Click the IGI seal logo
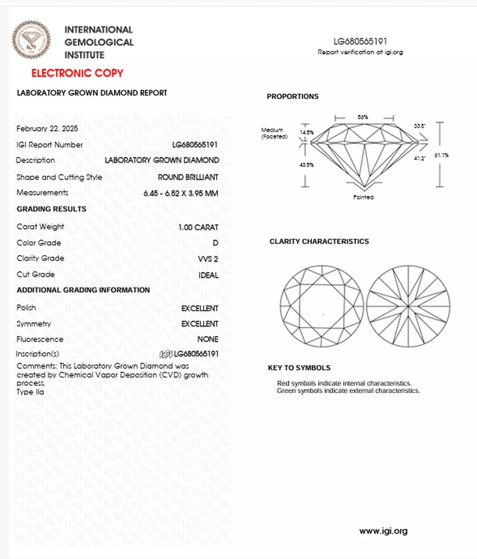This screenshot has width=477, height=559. (31, 40)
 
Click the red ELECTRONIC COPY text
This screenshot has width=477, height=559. (77, 73)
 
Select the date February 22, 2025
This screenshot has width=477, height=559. (47, 128)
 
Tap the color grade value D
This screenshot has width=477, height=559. (215, 243)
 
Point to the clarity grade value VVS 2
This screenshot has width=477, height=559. (208, 259)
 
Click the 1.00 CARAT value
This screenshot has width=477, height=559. (198, 227)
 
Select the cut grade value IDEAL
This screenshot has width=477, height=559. (208, 275)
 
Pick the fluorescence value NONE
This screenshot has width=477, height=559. (208, 339)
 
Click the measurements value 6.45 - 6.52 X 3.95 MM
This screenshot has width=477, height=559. (181, 193)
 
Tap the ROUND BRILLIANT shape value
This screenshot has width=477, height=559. (188, 177)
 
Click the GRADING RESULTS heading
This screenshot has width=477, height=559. (51, 209)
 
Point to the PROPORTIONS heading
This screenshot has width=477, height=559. (292, 97)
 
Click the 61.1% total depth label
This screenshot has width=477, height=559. (441, 155)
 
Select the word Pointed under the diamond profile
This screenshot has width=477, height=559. (363, 197)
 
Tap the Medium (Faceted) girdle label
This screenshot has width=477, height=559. (274, 133)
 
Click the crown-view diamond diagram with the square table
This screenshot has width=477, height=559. (322, 306)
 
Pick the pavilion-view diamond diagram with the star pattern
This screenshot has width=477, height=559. (408, 306)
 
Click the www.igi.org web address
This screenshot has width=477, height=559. (383, 531)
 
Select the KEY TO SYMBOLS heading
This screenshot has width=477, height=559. (299, 368)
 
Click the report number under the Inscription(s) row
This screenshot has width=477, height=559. (196, 354)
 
